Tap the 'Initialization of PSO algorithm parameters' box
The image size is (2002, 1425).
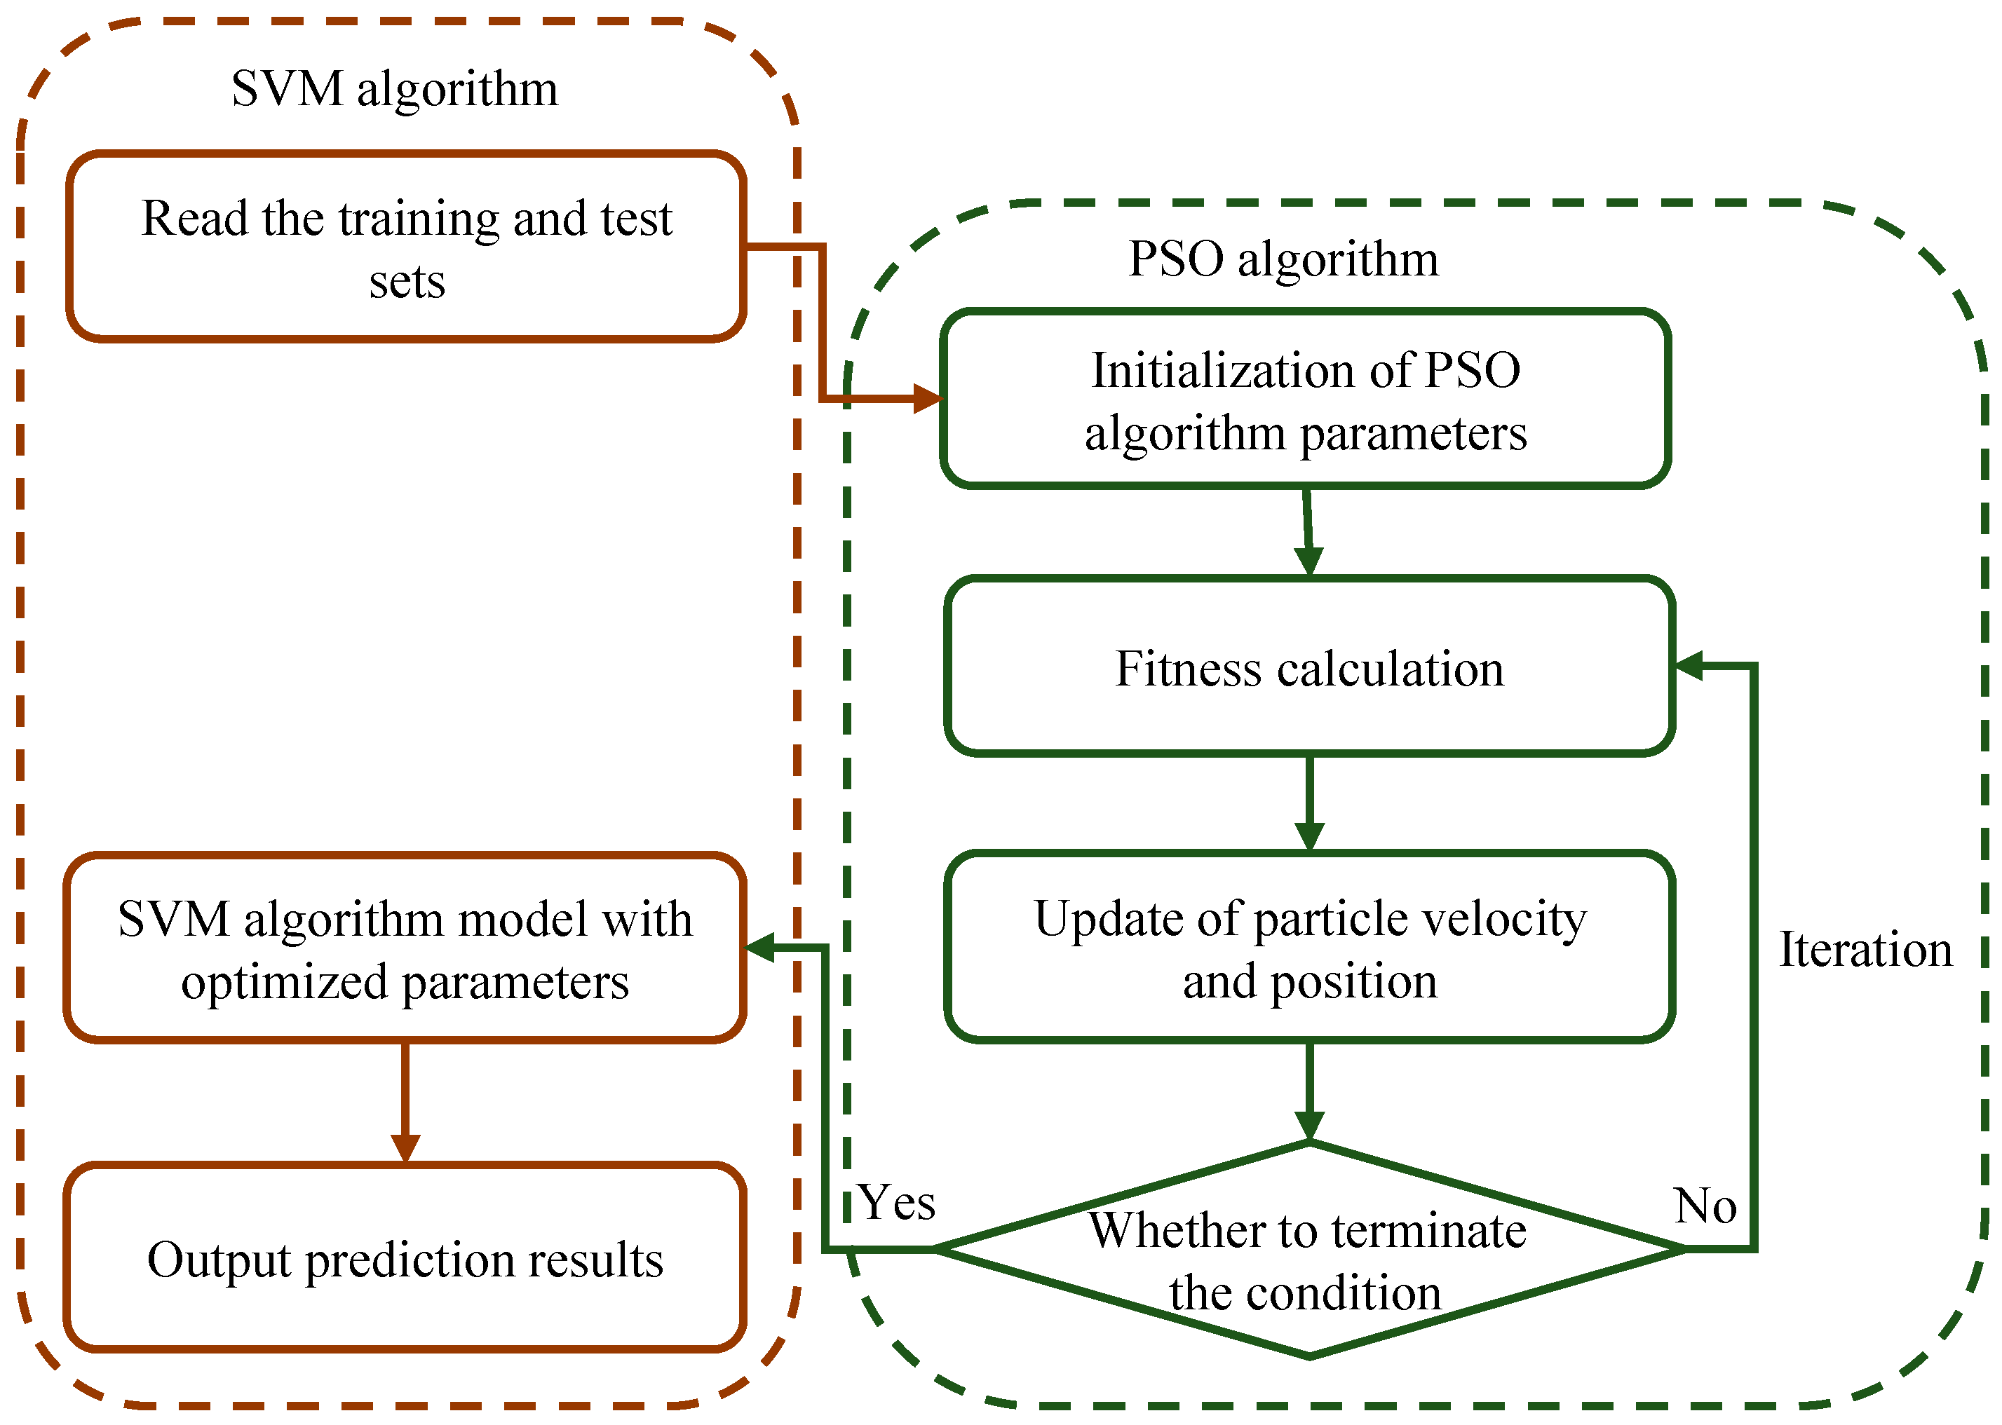(1304, 400)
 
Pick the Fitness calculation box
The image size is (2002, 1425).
(1308, 669)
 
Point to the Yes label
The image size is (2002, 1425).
(896, 1202)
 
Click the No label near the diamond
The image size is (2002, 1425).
(1705, 1206)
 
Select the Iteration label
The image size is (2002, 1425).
(1865, 949)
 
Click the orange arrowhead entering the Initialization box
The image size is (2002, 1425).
(927, 398)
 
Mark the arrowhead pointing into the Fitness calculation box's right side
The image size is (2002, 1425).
(1689, 666)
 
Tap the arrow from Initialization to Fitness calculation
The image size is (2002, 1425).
(1307, 531)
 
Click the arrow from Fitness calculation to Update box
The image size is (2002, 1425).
(1308, 802)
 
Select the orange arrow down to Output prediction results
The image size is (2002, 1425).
(405, 1102)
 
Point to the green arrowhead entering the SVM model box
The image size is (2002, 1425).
(760, 948)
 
